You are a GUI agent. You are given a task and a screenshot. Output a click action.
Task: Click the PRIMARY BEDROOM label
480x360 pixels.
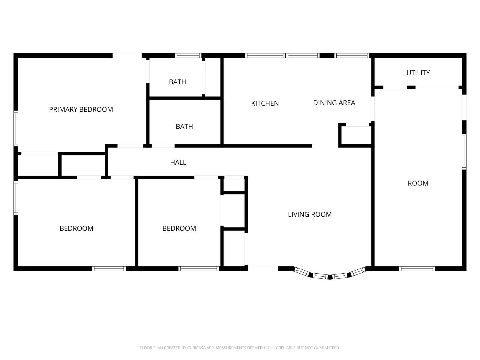tap(81, 109)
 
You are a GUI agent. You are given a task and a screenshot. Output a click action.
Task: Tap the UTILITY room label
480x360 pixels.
tap(418, 73)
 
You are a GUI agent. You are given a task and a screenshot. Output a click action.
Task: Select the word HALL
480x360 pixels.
tap(178, 163)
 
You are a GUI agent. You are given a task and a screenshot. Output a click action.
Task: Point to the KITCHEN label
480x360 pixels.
tap(265, 103)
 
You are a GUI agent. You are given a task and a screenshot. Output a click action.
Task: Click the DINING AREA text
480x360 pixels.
tap(334, 103)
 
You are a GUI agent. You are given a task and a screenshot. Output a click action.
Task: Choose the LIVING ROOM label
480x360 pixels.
tap(310, 214)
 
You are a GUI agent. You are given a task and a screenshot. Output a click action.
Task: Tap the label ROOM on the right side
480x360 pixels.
tap(418, 183)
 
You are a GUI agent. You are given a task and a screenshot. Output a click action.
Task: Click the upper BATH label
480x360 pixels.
tap(177, 82)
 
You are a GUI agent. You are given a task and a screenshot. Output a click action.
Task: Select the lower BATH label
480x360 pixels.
tap(184, 127)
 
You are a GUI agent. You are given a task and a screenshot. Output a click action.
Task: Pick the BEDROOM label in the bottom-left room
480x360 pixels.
tap(76, 229)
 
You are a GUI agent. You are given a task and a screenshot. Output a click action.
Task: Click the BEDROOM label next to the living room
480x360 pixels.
tap(179, 229)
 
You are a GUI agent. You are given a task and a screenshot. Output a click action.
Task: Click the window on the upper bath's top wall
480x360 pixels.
tap(188, 55)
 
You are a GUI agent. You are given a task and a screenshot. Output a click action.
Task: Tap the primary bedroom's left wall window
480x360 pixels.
tap(16, 128)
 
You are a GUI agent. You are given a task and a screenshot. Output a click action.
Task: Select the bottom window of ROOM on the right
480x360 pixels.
tap(417, 268)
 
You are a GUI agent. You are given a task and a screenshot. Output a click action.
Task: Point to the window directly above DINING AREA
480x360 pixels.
tap(351, 55)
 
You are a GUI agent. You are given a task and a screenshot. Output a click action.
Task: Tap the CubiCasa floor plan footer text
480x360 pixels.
tap(240, 348)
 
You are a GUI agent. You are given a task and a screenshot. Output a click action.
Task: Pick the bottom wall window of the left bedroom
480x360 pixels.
tap(109, 268)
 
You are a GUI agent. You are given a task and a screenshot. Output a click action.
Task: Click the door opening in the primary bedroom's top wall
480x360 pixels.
tap(127, 55)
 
